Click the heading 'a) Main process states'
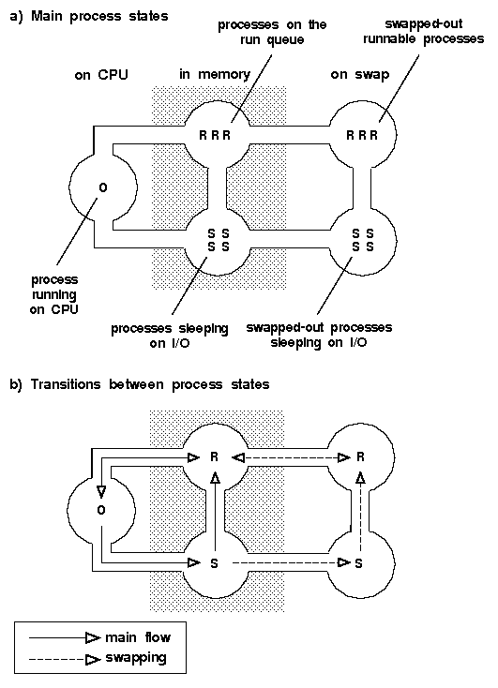(89, 17)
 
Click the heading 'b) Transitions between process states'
(139, 385)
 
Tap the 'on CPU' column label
(101, 75)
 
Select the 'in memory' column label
(215, 75)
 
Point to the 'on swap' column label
(360, 75)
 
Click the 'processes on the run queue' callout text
(272, 32)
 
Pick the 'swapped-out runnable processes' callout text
(423, 31)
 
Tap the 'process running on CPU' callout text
(54, 294)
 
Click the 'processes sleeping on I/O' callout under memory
(170, 336)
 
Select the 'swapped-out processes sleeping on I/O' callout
(319, 335)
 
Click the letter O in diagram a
(103, 187)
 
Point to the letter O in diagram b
(101, 510)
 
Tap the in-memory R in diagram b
(215, 457)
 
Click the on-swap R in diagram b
(360, 457)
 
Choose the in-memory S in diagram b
(215, 563)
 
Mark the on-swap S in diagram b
(359, 563)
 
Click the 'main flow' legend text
(138, 637)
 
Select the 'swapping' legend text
(136, 658)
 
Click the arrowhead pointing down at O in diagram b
(101, 492)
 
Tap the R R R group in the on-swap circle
(362, 135)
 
